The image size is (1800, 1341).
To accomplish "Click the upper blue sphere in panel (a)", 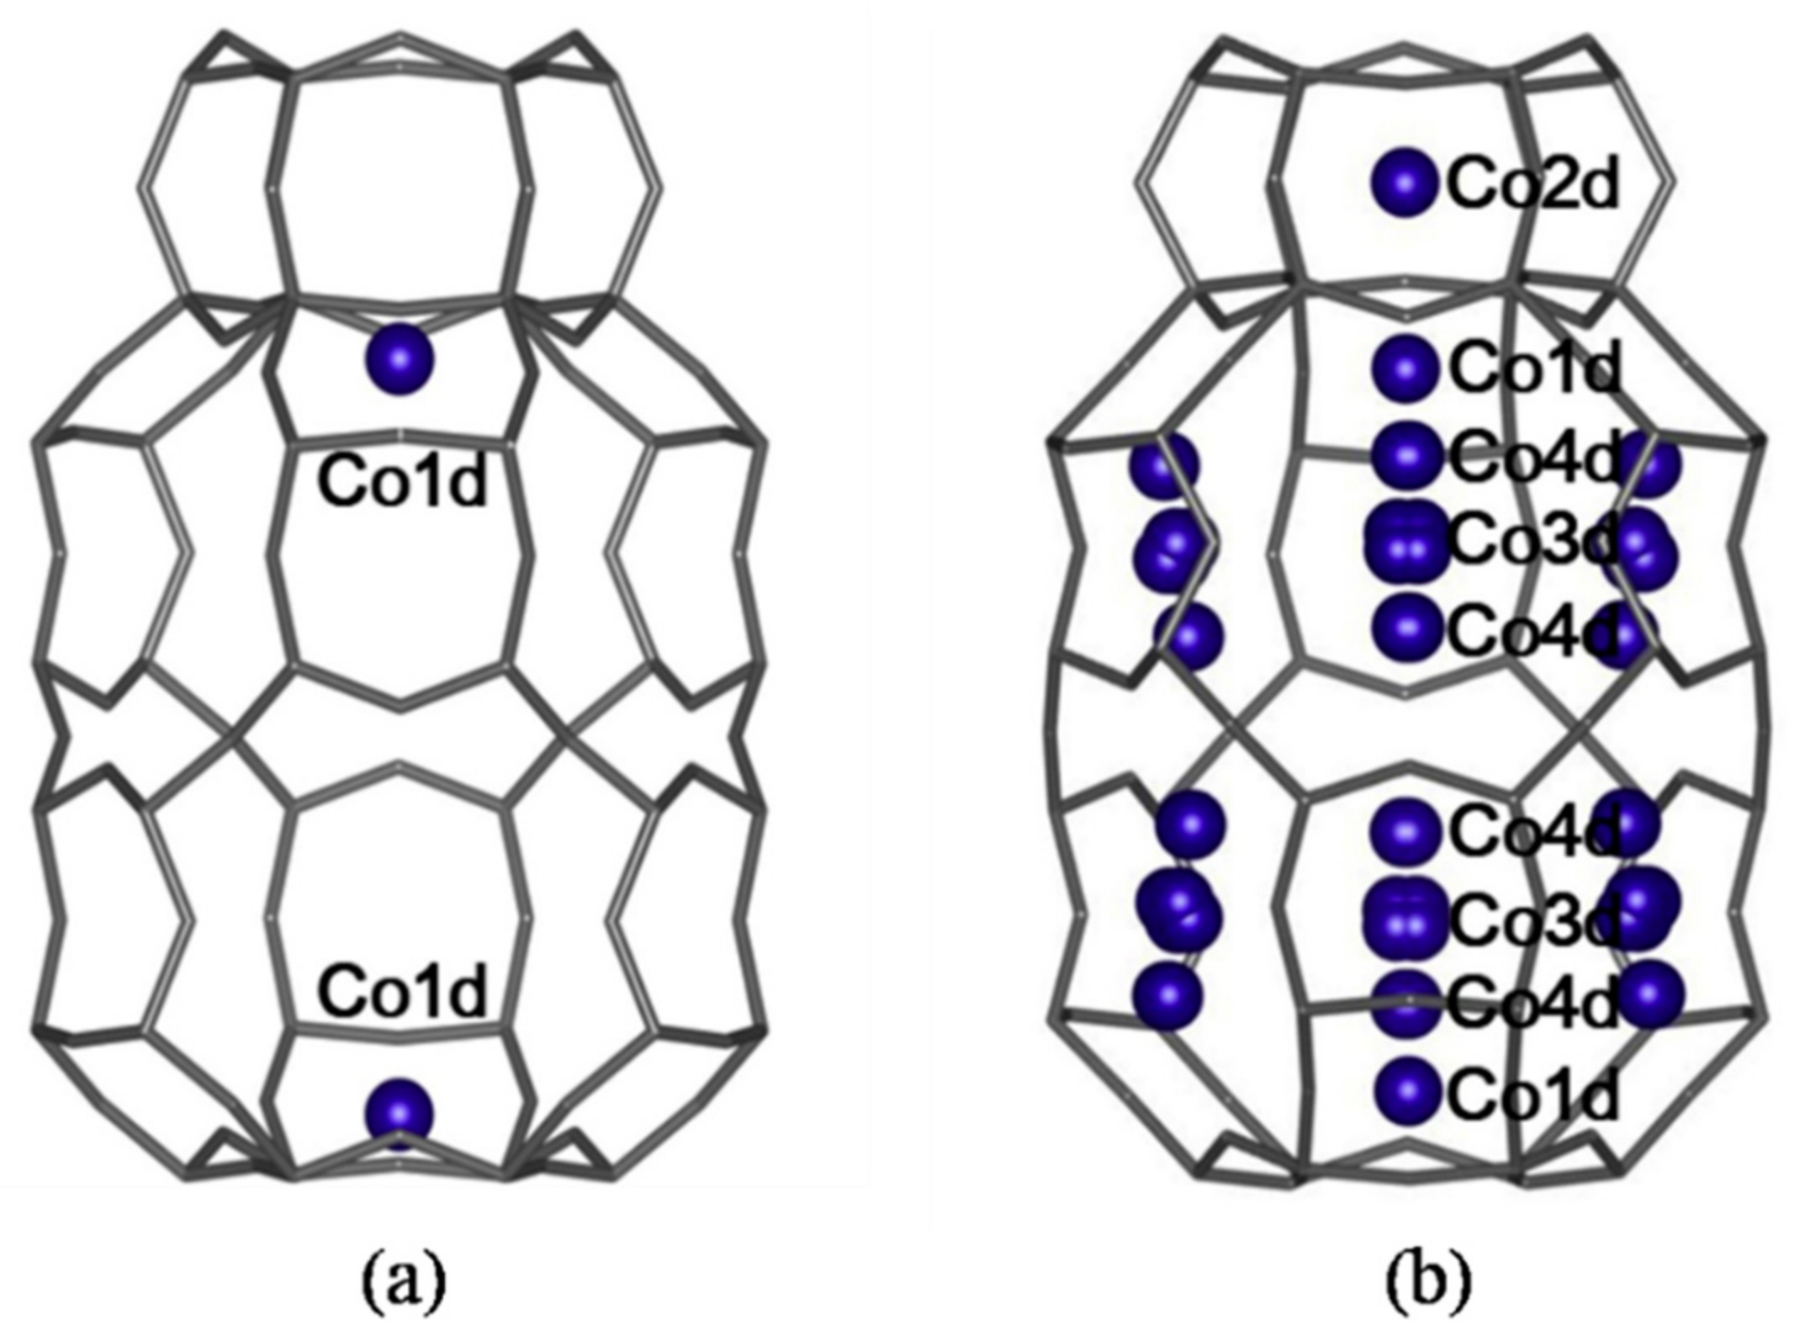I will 400,360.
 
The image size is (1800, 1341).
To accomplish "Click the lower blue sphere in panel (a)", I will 400,1114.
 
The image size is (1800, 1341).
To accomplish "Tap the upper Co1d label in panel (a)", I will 402,483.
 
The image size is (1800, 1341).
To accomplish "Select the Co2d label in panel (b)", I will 1533,185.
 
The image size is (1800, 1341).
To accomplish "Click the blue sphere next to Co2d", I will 1403,182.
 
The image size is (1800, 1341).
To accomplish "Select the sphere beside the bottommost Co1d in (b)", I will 1406,1091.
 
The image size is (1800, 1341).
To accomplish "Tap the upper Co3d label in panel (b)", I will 1533,543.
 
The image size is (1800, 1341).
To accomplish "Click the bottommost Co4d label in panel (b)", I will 1533,1004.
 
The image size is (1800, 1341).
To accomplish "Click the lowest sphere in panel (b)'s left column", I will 1167,995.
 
